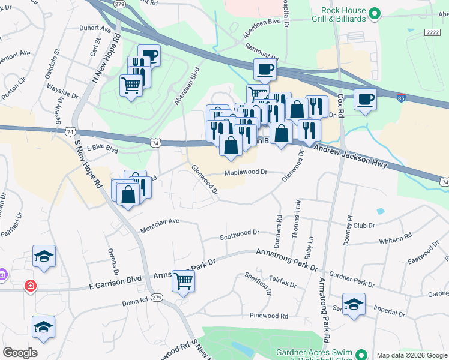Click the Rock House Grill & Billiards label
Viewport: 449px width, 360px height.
click(x=343, y=14)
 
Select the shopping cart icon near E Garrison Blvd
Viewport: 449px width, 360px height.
click(x=183, y=280)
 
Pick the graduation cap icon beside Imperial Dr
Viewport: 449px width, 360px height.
click(x=354, y=304)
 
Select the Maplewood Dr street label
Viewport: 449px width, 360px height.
click(x=245, y=172)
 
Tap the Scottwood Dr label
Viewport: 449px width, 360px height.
click(x=239, y=232)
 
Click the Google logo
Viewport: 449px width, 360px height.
click(x=19, y=353)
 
